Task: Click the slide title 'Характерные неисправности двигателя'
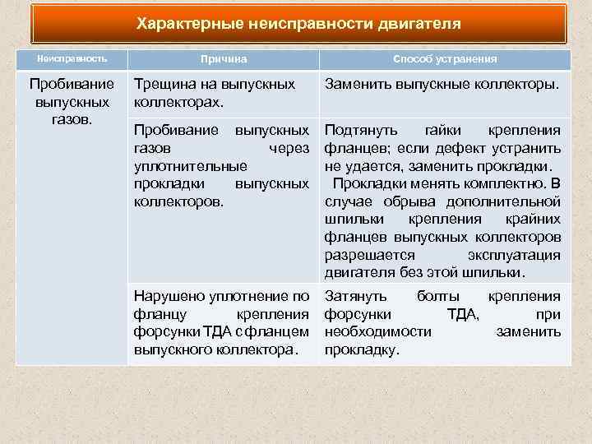coord(298,23)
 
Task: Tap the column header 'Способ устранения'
coord(444,60)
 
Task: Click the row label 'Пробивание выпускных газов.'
coord(73,101)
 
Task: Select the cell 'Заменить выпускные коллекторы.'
coord(442,84)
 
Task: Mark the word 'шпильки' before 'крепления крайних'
coord(354,220)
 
